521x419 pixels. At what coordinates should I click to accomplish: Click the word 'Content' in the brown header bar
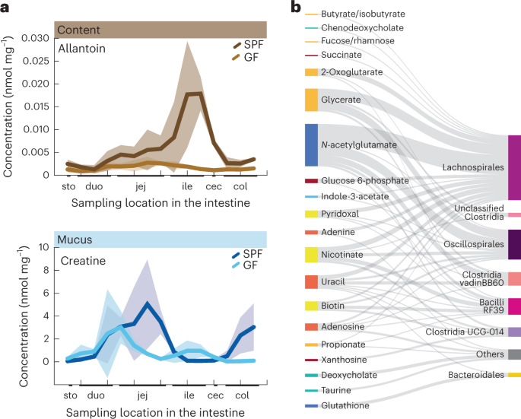[80, 30]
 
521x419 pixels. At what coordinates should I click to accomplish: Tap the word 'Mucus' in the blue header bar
[78, 240]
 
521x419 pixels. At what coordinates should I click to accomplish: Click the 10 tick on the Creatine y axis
[43, 247]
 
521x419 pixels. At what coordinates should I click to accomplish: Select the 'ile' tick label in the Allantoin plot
[186, 185]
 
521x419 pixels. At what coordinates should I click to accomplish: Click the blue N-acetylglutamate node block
[311, 144]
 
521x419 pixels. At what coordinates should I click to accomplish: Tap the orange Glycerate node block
[311, 100]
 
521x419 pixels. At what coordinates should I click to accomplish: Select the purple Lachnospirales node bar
[514, 167]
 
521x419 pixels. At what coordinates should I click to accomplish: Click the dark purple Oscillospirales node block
[514, 245]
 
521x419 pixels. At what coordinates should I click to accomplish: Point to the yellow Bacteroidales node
[514, 375]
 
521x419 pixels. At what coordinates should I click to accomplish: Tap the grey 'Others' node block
[514, 354]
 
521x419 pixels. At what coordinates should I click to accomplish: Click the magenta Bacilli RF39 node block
[514, 306]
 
